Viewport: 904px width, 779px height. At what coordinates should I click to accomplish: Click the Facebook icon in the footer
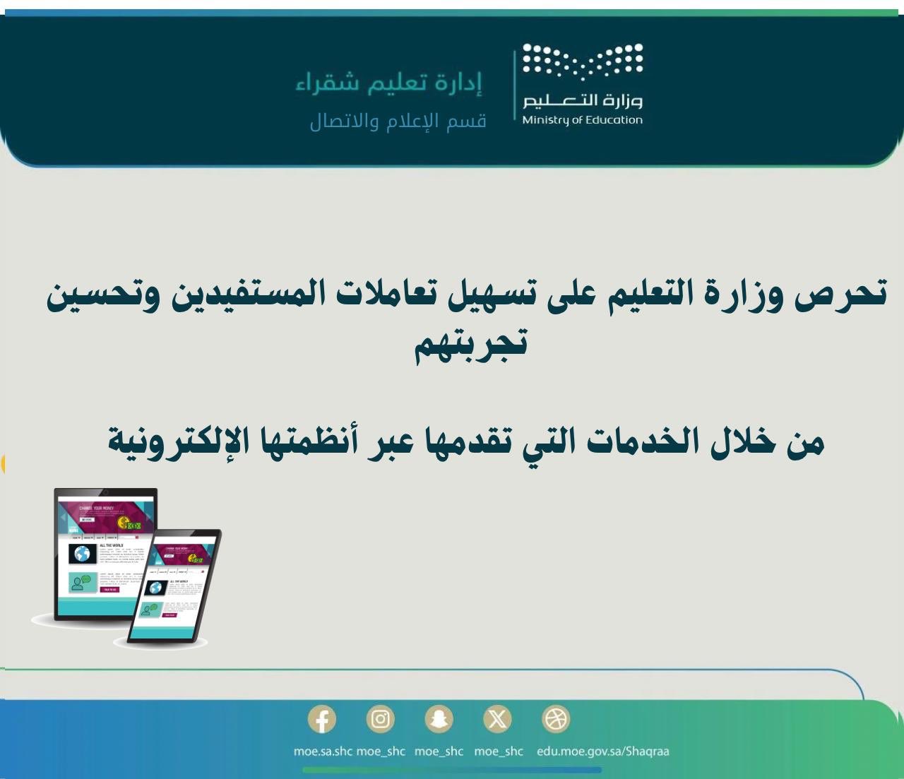pyautogui.click(x=322, y=720)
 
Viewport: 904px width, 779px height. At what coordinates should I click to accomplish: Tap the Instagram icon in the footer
pyautogui.click(x=381, y=720)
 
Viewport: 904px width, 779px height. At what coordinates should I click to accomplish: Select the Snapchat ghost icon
pyautogui.click(x=439, y=720)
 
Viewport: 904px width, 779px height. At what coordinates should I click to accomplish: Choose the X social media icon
pyautogui.click(x=497, y=720)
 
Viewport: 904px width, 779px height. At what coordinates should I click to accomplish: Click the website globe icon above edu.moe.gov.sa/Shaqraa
pyautogui.click(x=555, y=720)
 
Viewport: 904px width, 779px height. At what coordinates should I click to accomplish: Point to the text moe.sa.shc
pyautogui.click(x=323, y=751)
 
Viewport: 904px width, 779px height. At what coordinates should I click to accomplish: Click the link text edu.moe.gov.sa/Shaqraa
pyautogui.click(x=602, y=751)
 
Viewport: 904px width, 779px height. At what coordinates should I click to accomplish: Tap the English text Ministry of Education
pyautogui.click(x=583, y=119)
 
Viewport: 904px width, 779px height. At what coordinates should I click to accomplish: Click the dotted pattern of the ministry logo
pyautogui.click(x=583, y=61)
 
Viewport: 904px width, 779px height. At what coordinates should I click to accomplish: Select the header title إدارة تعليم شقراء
pyautogui.click(x=389, y=83)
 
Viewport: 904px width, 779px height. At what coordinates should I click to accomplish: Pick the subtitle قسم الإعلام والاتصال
pyautogui.click(x=398, y=121)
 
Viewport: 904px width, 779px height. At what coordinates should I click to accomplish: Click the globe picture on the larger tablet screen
pyautogui.click(x=83, y=554)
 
